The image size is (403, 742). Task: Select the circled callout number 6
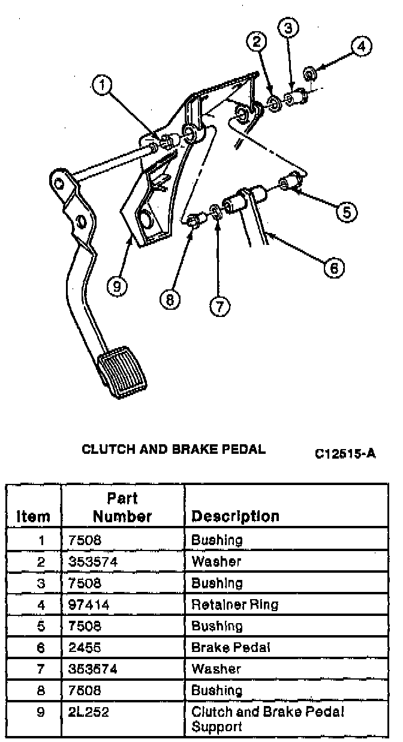tap(334, 267)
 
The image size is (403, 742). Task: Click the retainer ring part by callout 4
tap(311, 74)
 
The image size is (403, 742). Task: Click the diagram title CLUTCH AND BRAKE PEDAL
tap(173, 449)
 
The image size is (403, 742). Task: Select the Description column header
tap(235, 516)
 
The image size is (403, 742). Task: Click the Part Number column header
tap(122, 507)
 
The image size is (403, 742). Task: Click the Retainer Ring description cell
tap(235, 605)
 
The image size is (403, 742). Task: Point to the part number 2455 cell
tap(82, 648)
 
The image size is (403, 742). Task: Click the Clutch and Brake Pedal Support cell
tap(267, 719)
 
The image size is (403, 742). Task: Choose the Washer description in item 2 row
tap(216, 562)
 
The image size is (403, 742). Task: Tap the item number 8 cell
tap(41, 691)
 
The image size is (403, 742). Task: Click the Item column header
tap(34, 516)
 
